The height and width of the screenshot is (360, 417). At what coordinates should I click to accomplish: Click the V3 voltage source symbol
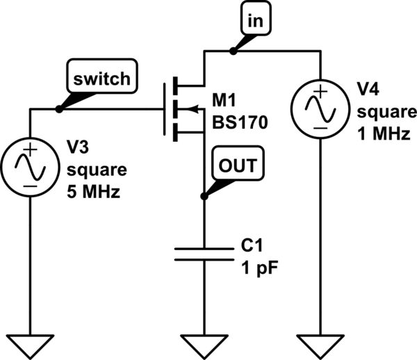tap(30, 166)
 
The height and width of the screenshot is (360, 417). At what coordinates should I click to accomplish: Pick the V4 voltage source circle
tap(319, 108)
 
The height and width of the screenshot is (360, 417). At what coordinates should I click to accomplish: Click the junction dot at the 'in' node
tap(233, 50)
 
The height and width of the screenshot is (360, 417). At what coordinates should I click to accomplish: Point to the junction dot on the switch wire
tap(59, 108)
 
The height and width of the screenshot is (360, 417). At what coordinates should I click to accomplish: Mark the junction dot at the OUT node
tap(204, 197)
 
